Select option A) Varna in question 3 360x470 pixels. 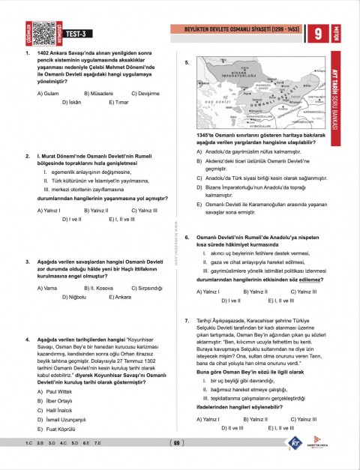tap(47, 288)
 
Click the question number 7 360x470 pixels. tap(187, 321)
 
